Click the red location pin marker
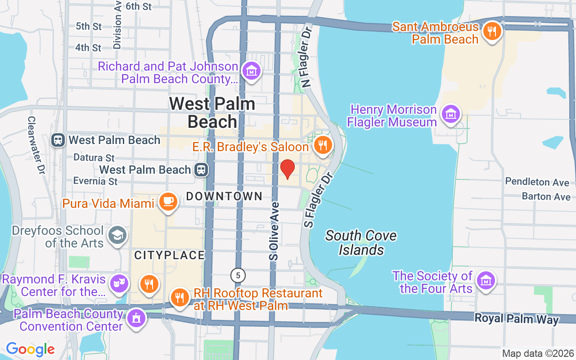(x=288, y=169)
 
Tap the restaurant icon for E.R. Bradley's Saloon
(x=323, y=145)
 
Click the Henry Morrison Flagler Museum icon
(x=450, y=114)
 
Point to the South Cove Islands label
(x=361, y=243)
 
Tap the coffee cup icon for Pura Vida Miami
(x=168, y=201)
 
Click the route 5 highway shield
(x=238, y=274)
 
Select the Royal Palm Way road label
(x=517, y=319)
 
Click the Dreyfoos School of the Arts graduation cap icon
(x=117, y=235)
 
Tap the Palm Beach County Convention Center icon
(x=135, y=318)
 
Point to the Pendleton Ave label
(x=537, y=182)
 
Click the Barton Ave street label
(x=546, y=197)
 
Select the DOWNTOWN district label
(x=224, y=196)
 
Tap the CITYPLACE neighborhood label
(x=170, y=255)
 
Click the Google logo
(x=30, y=349)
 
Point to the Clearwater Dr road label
(x=36, y=145)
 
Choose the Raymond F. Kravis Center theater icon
(x=120, y=283)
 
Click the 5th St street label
(x=89, y=27)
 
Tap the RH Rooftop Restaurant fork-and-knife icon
(x=179, y=297)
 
